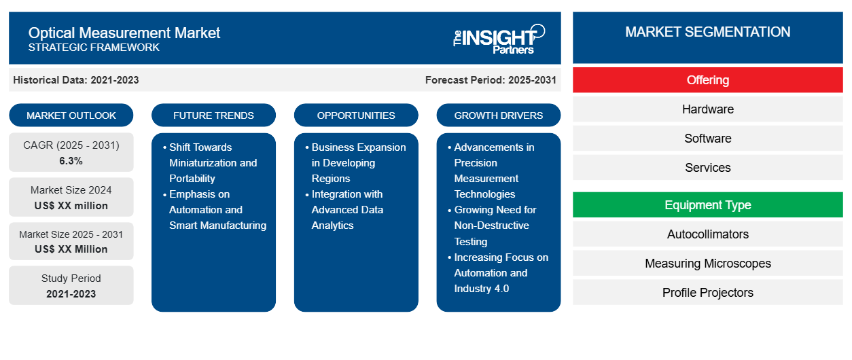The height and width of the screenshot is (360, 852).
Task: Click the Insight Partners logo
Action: [499, 39]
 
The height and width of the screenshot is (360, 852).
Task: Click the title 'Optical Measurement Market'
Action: [124, 33]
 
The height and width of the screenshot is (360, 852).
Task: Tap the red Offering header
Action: [707, 80]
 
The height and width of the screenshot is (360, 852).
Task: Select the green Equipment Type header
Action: [707, 205]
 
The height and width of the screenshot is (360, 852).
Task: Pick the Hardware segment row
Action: [707, 109]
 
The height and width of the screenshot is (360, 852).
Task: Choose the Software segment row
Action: [707, 139]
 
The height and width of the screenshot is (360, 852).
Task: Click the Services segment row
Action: [707, 168]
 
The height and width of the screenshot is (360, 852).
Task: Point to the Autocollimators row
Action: [707, 234]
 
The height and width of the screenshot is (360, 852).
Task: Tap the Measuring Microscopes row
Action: [707, 264]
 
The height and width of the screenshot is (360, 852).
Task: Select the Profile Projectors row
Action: [707, 293]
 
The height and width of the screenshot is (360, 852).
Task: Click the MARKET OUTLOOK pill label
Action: [71, 115]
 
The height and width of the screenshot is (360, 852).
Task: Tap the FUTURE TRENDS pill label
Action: [213, 115]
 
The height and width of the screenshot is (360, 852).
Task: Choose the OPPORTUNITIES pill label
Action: [356, 115]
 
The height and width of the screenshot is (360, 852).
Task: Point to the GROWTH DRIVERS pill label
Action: [498, 115]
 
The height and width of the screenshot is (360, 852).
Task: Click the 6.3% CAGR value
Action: [71, 161]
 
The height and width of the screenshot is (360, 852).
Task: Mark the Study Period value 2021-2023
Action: [71, 294]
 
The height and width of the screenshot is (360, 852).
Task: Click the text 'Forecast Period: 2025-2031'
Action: [491, 80]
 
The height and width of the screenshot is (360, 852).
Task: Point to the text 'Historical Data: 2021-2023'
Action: [76, 80]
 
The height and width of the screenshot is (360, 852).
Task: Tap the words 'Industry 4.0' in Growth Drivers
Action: [482, 289]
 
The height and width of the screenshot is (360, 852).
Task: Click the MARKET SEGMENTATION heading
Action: [707, 32]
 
